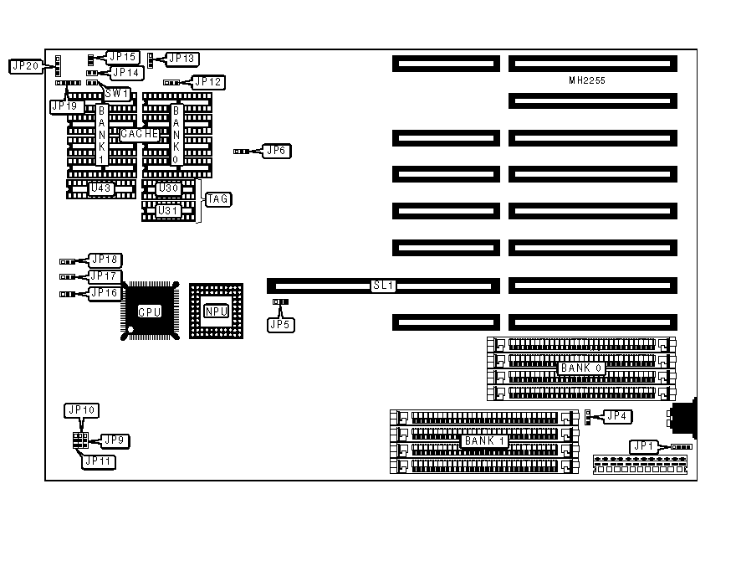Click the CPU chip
pos(151,311)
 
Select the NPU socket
pos(216,311)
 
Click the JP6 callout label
pos(275,151)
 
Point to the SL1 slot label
pos(383,286)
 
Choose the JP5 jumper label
pos(281,323)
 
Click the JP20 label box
pos(26,65)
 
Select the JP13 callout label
pos(181,59)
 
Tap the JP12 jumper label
pos(207,82)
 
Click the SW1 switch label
pos(116,94)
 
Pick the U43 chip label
pos(101,188)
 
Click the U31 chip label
pos(167,211)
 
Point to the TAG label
pos(218,199)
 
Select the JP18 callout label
pos(105,260)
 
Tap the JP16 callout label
pos(105,292)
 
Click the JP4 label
pos(616,416)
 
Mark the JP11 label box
pos(99,461)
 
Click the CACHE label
pos(140,134)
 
